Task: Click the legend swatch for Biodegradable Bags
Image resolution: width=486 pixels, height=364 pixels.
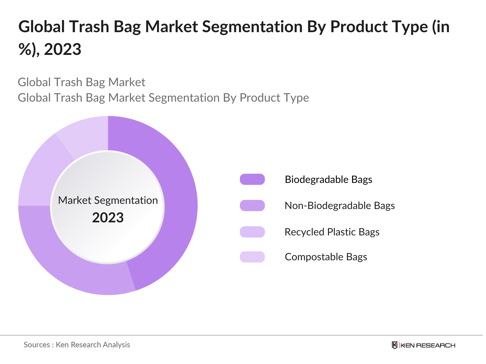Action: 252,179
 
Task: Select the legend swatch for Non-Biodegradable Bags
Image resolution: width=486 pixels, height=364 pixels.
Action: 252,206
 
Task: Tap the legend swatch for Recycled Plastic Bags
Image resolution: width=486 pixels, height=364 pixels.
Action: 252,232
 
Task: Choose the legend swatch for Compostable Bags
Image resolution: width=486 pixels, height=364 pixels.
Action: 252,257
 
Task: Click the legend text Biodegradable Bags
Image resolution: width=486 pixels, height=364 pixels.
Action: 328,179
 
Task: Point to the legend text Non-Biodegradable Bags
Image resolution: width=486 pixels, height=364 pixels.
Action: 340,206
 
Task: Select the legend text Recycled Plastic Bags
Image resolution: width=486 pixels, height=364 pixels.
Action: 332,232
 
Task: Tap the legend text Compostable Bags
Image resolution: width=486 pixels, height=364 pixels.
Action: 326,257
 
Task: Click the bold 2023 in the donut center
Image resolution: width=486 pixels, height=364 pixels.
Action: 108,218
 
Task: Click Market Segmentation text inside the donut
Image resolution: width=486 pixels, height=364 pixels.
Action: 108,200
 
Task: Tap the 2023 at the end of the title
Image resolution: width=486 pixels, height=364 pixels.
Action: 63,49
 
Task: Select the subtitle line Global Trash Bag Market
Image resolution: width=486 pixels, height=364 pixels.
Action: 81,82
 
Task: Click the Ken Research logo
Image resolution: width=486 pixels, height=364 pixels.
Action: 423,345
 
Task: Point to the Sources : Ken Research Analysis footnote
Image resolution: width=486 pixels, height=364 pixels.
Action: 77,345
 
